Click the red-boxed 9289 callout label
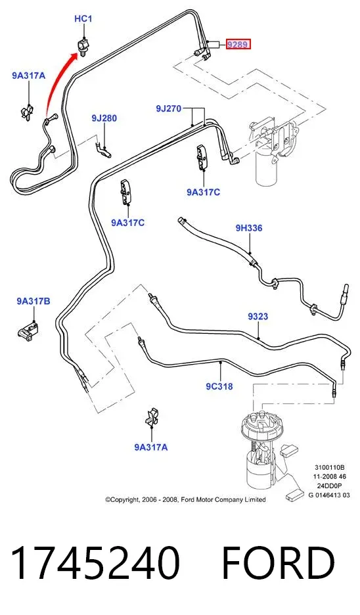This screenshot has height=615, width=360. pyautogui.click(x=238, y=44)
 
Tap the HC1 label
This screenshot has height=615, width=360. pyautogui.click(x=83, y=18)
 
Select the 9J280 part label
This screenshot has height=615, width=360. pyautogui.click(x=104, y=118)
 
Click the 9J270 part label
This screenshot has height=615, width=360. pyautogui.click(x=169, y=108)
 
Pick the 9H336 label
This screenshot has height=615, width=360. pyautogui.click(x=249, y=228)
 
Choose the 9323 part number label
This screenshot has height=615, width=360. pyautogui.click(x=258, y=316)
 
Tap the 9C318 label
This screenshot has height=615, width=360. pyautogui.click(x=219, y=386)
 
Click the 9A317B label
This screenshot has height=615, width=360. pyautogui.click(x=34, y=301)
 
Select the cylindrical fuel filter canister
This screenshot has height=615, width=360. pyautogui.click(x=267, y=165)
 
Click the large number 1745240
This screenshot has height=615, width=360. pyautogui.click(x=95, y=563)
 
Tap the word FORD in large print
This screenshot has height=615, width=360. pyautogui.click(x=279, y=563)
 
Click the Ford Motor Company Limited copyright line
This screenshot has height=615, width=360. pyautogui.click(x=185, y=499)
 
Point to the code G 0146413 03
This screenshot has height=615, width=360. pyautogui.click(x=329, y=495)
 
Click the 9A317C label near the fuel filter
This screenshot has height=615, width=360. pyautogui.click(x=203, y=192)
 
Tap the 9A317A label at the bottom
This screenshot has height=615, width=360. pyautogui.click(x=151, y=447)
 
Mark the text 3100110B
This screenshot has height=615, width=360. pyautogui.click(x=329, y=467)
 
